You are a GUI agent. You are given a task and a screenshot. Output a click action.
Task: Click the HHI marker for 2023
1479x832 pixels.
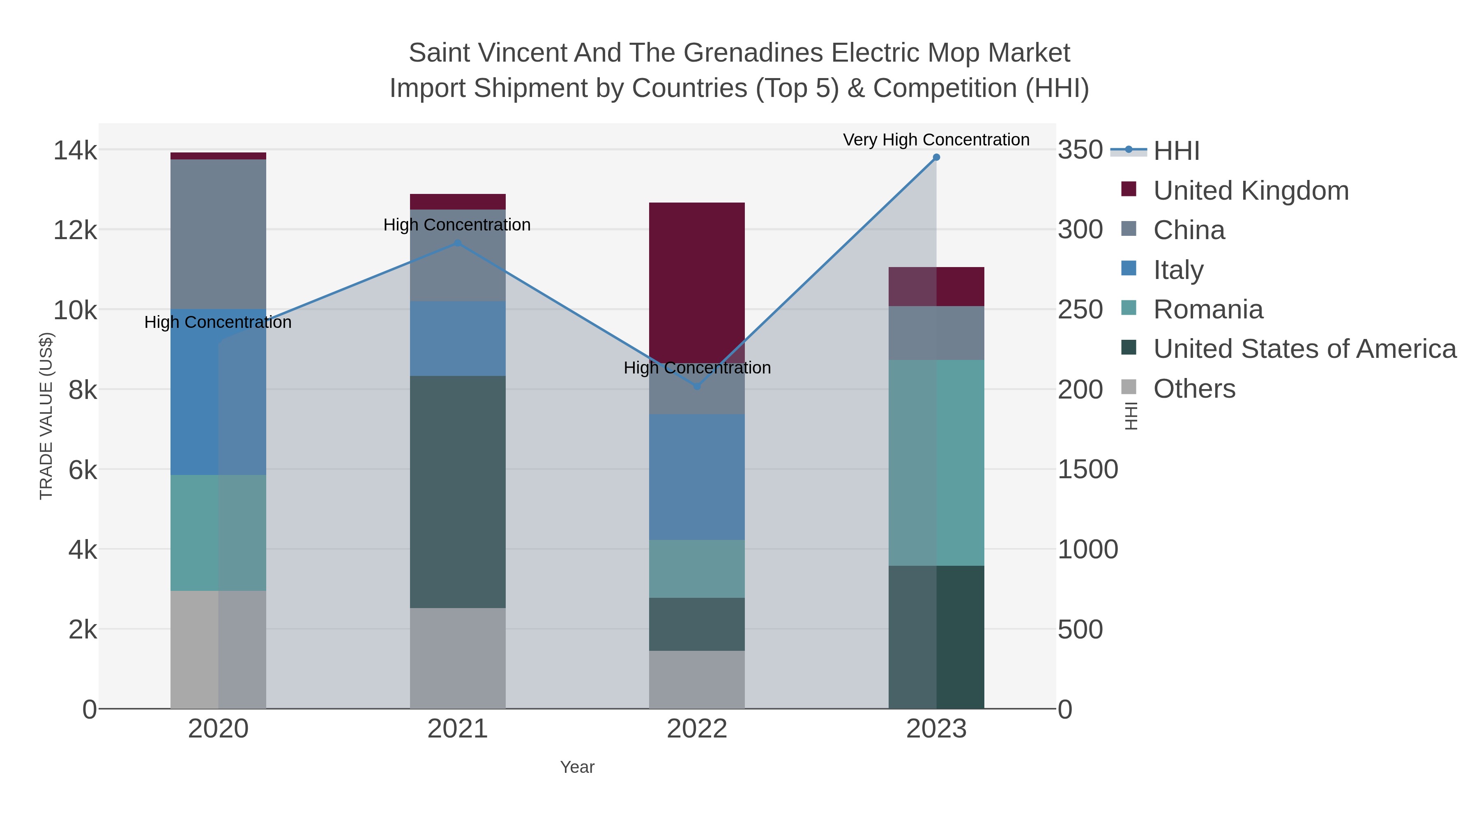pos(936,157)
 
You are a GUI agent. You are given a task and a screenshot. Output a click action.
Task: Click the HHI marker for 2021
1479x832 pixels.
pos(458,243)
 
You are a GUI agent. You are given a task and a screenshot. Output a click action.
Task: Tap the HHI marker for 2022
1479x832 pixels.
pos(697,387)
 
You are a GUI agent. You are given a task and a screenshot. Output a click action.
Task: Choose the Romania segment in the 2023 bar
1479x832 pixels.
pos(936,463)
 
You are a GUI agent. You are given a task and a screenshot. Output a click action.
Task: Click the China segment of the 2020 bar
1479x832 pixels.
pos(218,234)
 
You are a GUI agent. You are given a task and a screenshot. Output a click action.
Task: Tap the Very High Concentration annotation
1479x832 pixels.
pos(936,140)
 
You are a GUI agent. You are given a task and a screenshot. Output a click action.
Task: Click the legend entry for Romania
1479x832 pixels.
pos(1208,309)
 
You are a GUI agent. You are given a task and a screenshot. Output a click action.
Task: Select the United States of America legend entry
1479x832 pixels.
pos(1304,349)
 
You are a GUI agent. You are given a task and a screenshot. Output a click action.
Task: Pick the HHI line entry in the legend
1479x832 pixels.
pos(1176,150)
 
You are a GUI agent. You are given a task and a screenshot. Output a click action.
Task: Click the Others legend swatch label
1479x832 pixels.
pos(1194,389)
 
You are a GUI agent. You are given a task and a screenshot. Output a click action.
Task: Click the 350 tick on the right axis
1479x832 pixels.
pos(1080,150)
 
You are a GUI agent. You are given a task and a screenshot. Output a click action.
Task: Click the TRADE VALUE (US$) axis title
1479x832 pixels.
pos(46,416)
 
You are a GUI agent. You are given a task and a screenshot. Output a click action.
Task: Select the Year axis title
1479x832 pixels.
pos(577,767)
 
